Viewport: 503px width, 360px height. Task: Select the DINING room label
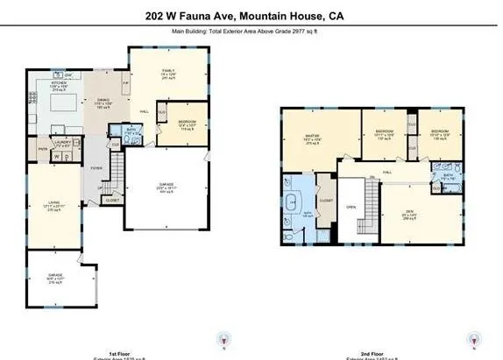103,100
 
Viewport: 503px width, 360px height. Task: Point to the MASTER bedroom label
310,138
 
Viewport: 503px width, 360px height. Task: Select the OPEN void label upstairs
351,208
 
